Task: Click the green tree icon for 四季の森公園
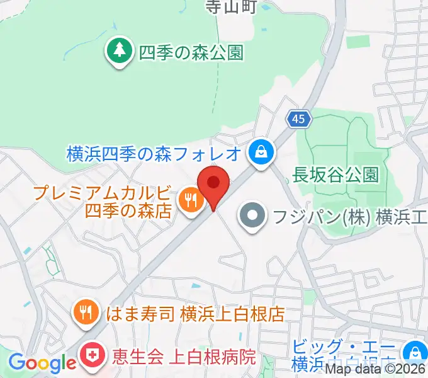coord(118,50)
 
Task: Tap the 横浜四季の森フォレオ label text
coord(154,152)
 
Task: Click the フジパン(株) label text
coord(349,218)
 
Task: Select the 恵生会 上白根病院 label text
coord(184,357)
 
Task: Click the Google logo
coord(42,363)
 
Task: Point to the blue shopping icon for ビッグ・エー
coord(415,352)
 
